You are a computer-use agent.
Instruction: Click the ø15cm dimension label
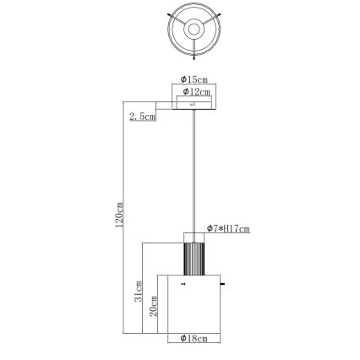194,79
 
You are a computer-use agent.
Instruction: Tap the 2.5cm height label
141,117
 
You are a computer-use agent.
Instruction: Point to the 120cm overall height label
120,215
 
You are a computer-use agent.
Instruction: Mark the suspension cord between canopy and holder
194,169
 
